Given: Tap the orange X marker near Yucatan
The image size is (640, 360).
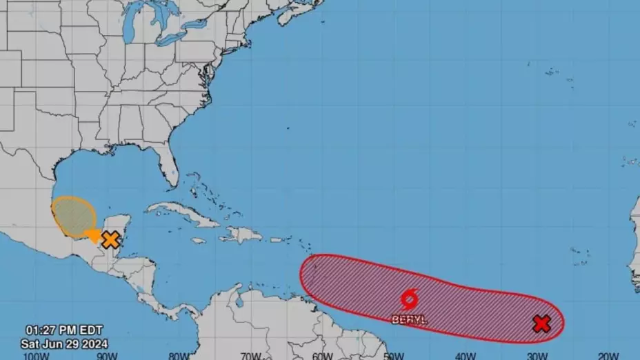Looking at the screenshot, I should tap(110, 240).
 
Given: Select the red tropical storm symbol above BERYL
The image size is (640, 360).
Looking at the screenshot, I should tap(408, 300).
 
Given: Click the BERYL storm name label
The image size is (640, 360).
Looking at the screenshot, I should tap(409, 319).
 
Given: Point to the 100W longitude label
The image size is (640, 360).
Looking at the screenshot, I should tap(36, 356).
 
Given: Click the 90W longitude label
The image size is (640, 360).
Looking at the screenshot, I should tap(107, 356).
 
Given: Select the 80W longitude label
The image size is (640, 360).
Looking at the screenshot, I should tap(179, 356).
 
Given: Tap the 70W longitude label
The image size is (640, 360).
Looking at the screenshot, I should tap(250, 356).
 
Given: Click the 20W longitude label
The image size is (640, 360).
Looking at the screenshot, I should tap(608, 356).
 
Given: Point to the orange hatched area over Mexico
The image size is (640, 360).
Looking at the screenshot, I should tap(73, 216).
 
